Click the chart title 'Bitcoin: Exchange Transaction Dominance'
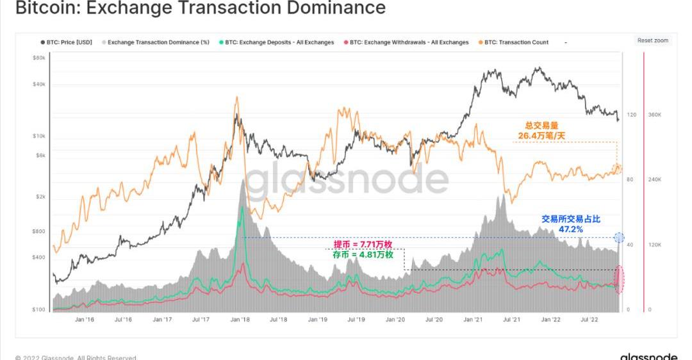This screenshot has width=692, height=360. tap(200, 8)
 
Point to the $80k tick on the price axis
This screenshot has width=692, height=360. tap(38, 58)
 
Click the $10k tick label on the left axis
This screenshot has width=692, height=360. tap(38, 136)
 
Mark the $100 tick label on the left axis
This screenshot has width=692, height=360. tap(38, 310)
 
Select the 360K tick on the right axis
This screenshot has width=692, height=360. tap(654, 115)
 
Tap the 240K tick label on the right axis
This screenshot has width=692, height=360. tap(654, 180)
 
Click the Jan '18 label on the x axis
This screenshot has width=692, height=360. tap(241, 318)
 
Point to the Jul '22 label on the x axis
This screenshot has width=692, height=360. tap(589, 318)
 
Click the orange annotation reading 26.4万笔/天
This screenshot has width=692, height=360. tap(541, 136)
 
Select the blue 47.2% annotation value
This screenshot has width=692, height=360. tap(571, 229)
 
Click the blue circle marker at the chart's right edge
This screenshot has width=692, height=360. tap(619, 238)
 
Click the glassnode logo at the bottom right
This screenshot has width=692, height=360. tap(648, 356)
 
